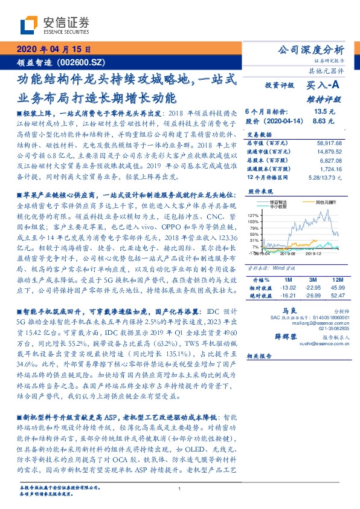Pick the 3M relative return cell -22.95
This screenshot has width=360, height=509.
[x=312, y=288]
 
